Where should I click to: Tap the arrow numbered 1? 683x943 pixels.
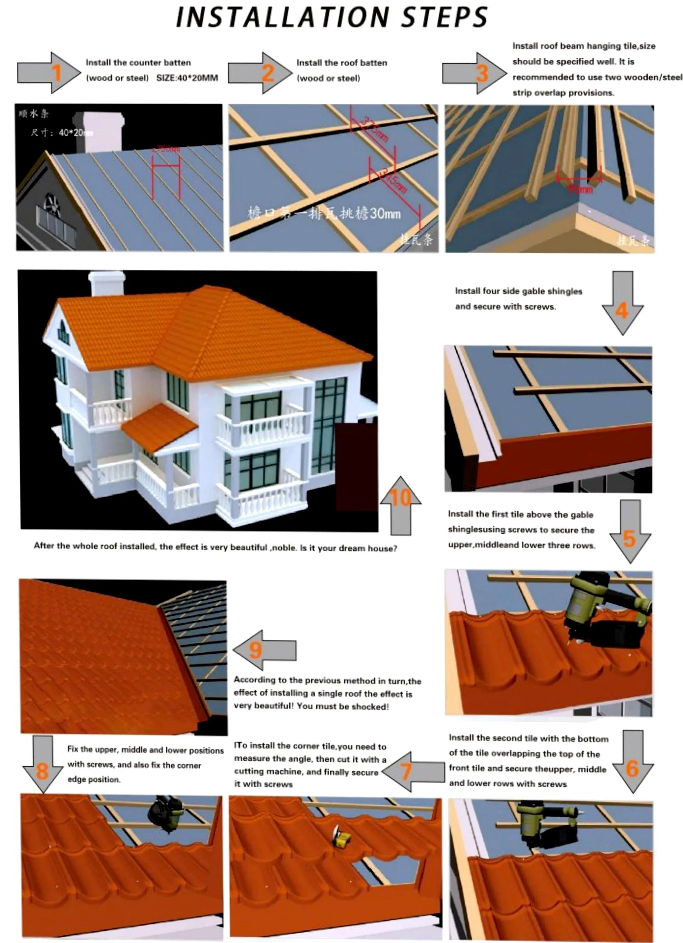[x=49, y=73]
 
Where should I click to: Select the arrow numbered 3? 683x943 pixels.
[x=475, y=73]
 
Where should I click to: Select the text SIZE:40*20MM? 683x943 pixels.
[x=187, y=78]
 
